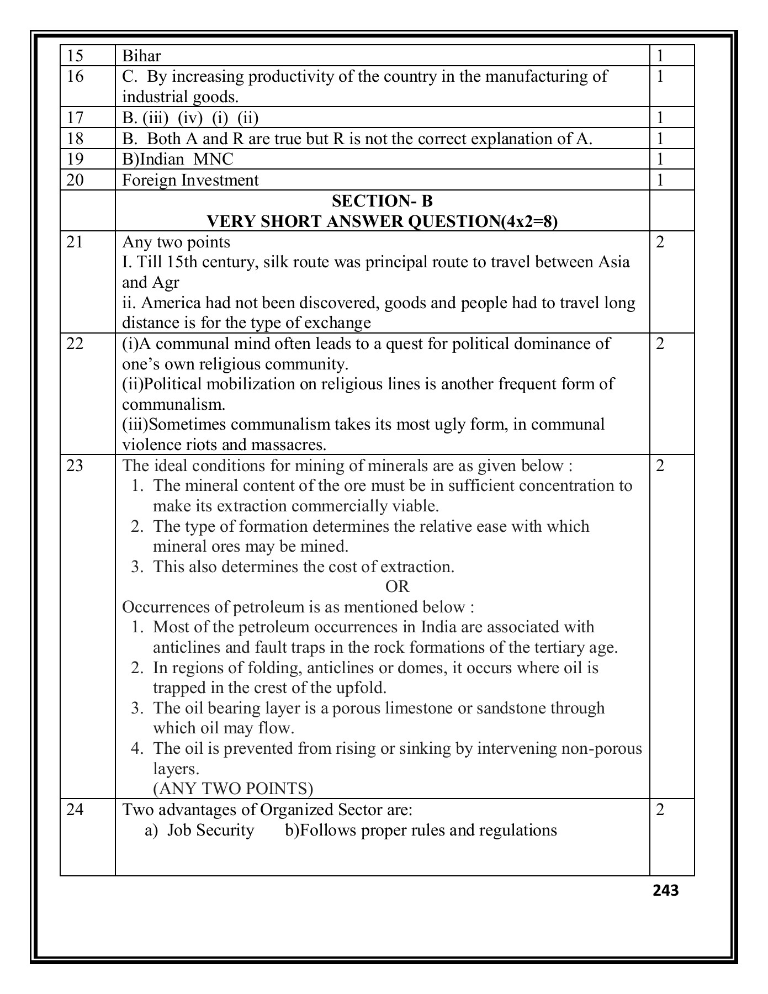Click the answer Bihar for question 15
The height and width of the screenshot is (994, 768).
pos(141,56)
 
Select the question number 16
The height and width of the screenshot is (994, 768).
pos(75,76)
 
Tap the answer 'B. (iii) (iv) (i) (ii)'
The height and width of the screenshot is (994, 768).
pos(190,118)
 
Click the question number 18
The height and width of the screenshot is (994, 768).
pos(75,139)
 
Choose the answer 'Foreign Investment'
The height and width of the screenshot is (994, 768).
pos(190,181)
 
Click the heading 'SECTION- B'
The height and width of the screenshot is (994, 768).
pos(382,202)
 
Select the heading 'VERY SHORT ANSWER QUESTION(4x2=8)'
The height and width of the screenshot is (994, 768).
pos(382,222)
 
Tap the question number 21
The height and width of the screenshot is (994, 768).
pos(75,242)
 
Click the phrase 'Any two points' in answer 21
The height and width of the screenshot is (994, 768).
pos(176,242)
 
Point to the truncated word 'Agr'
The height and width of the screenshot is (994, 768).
pos(166,283)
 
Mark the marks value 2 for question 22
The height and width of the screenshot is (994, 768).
pos(661,344)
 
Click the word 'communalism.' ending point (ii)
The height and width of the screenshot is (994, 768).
pos(173,405)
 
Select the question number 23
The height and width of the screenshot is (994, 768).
pos(75,466)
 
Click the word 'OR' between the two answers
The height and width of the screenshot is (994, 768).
pos(398,587)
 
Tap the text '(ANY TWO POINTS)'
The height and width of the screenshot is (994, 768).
pos(233,789)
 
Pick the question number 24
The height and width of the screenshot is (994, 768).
pos(75,810)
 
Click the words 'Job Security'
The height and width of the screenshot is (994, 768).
pos(210,831)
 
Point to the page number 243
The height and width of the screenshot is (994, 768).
pos(665,891)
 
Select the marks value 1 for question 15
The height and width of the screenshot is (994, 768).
pos(661,56)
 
